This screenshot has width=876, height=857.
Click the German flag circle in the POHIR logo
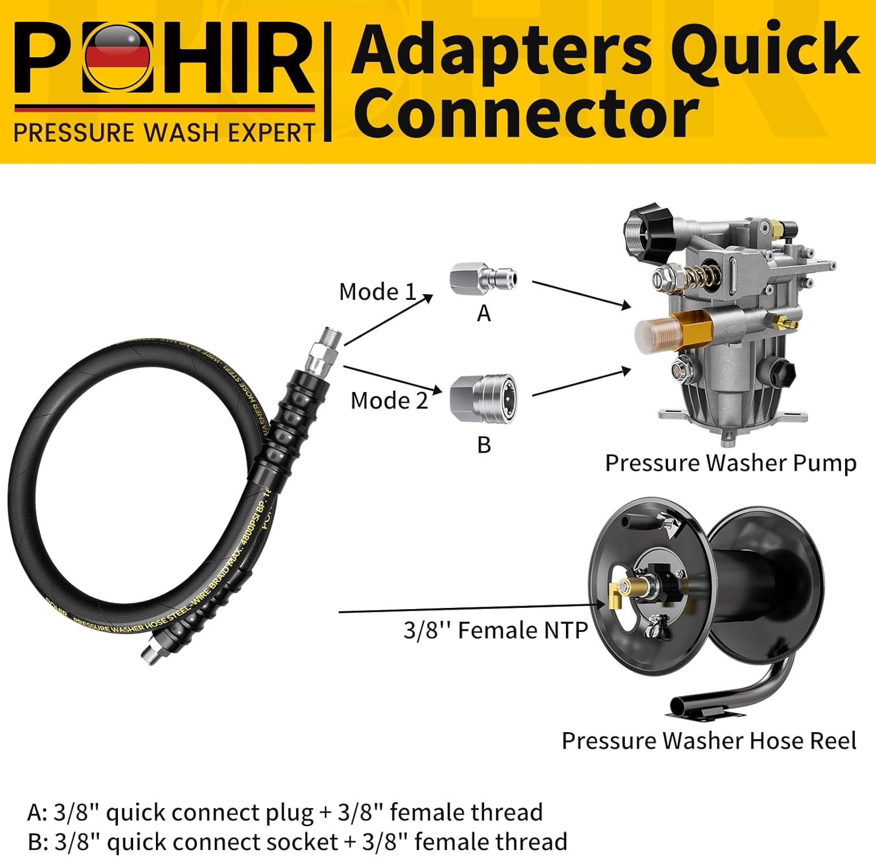click(x=118, y=57)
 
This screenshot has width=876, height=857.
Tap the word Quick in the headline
click(x=765, y=50)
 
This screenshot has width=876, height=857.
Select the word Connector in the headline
click(x=526, y=112)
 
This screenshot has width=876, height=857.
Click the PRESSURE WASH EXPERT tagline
click(x=164, y=133)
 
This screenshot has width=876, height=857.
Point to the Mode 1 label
click(x=377, y=292)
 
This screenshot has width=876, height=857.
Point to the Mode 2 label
click(x=389, y=400)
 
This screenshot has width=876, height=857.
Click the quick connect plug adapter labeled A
click(x=483, y=279)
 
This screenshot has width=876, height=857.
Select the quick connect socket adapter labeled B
click(x=483, y=399)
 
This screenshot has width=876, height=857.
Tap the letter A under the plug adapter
click(x=484, y=314)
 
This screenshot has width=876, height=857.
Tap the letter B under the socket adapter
click(x=484, y=445)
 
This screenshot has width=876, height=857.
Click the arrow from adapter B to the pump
click(x=581, y=383)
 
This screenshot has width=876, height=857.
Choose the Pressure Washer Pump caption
click(x=730, y=463)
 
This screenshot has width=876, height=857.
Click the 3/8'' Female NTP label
click(x=495, y=630)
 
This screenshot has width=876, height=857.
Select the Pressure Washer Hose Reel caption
click(x=708, y=740)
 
